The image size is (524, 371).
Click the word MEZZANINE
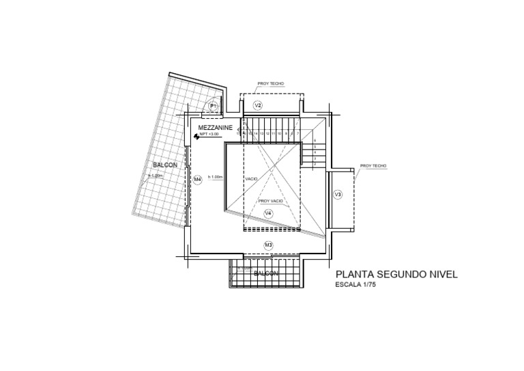pyautogui.click(x=216, y=128)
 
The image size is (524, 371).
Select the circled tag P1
pyautogui.click(x=213, y=106)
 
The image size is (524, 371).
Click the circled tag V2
pyautogui.click(x=258, y=105)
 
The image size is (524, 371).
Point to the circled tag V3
pyautogui.click(x=338, y=195)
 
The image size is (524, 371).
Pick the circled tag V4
pyautogui.click(x=268, y=214)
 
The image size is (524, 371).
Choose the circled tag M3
pyautogui.click(x=268, y=245)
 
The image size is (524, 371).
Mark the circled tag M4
pyautogui.click(x=197, y=180)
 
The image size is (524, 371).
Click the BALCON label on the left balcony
pyautogui.click(x=165, y=165)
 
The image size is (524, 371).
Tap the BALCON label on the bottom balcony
pyautogui.click(x=265, y=273)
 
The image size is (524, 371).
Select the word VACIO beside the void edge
pyautogui.click(x=252, y=179)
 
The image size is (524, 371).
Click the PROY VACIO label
pyautogui.click(x=271, y=201)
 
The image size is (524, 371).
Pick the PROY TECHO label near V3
pyautogui.click(x=373, y=166)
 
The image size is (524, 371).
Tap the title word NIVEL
pyautogui.click(x=441, y=274)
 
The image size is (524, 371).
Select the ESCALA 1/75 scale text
pyautogui.click(x=356, y=286)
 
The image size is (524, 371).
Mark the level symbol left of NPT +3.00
pyautogui.click(x=196, y=136)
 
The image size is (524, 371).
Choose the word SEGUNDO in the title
pyautogui.click(x=402, y=274)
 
